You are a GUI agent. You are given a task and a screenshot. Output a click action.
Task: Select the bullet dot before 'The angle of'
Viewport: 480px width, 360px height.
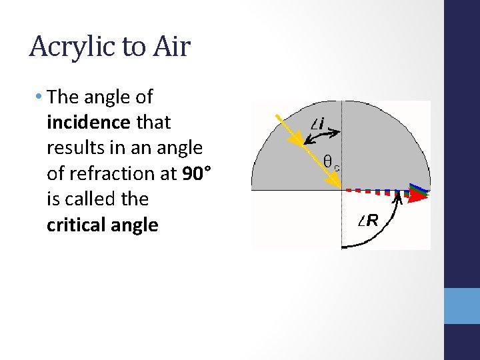(39, 97)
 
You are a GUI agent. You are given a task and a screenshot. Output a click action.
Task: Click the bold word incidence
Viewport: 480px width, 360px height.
(89, 123)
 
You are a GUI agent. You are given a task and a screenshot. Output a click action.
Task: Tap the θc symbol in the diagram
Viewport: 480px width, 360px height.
(331, 161)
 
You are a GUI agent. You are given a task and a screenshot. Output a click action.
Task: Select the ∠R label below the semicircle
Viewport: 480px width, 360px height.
(368, 221)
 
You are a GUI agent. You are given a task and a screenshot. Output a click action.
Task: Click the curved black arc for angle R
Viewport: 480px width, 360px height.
(383, 230)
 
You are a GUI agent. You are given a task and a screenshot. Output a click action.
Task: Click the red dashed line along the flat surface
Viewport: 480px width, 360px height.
(373, 191)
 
